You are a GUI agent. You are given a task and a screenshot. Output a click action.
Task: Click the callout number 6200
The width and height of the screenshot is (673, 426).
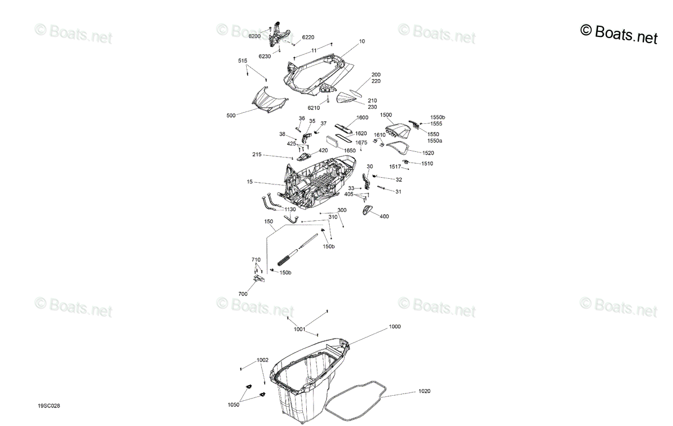click(255, 36)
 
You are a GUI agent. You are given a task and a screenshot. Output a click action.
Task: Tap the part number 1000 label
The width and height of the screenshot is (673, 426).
click(395, 327)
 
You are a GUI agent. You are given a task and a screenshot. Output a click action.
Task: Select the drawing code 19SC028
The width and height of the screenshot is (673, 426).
click(49, 406)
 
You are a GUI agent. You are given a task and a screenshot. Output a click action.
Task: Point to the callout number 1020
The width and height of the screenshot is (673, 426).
click(424, 391)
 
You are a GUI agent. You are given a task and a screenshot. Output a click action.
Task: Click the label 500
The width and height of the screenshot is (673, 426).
click(231, 115)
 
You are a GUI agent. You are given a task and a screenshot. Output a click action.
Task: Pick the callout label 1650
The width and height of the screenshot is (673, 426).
click(350, 150)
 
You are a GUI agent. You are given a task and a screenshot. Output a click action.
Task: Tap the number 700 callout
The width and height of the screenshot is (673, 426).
click(243, 294)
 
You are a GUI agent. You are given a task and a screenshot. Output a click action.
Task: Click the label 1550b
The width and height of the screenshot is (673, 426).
click(438, 117)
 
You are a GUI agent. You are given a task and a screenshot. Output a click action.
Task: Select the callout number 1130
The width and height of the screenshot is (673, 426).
click(290, 209)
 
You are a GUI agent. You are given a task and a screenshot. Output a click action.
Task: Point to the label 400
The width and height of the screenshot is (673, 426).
click(384, 216)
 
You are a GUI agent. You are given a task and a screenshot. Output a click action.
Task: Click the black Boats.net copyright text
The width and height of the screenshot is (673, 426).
click(619, 34)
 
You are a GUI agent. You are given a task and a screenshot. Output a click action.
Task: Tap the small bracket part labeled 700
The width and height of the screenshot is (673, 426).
click(259, 279)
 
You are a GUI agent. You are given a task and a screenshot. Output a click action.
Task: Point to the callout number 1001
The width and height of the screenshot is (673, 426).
click(299, 330)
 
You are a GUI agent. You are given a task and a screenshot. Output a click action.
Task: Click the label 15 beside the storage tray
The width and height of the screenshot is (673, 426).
click(250, 182)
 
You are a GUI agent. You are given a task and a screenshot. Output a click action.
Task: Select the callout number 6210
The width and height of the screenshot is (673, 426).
click(314, 108)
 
